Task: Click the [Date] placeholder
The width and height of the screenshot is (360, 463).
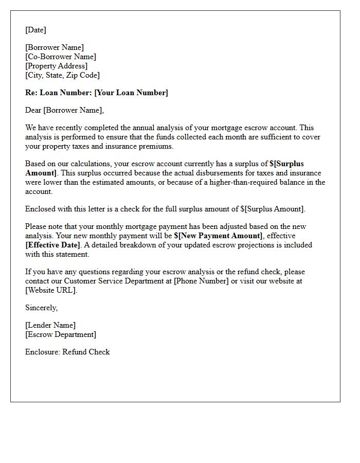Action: tap(35, 30)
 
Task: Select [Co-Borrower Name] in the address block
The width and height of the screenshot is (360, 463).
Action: tap(61, 57)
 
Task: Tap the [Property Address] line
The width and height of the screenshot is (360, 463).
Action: tap(57, 66)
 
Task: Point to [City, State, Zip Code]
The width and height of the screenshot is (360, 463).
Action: tap(62, 75)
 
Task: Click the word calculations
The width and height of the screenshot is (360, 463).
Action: tap(89, 164)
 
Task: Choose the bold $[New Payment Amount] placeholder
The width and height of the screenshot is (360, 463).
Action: tap(218, 236)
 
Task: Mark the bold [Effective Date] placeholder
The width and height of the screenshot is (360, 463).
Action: tap(53, 245)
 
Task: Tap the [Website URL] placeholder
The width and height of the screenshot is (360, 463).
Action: tap(50, 290)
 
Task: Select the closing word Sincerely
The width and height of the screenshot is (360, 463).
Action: tap(42, 308)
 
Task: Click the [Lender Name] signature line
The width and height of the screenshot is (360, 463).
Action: tap(50, 325)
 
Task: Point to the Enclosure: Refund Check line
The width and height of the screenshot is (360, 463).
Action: tap(67, 352)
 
